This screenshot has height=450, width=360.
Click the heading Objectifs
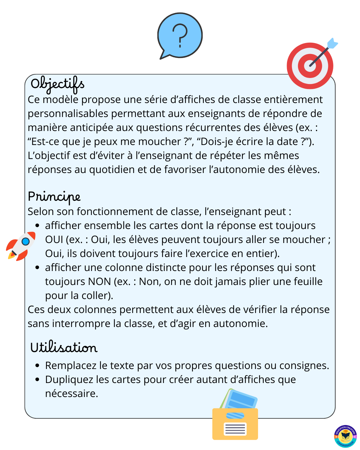point(57,84)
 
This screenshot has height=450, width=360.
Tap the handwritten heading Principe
point(54,197)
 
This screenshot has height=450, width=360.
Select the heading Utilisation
point(64,347)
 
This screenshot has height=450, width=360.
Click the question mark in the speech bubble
point(180,35)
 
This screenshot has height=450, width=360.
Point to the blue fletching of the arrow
point(333,44)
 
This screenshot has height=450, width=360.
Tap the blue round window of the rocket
point(26,241)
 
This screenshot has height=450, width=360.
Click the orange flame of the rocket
point(12,256)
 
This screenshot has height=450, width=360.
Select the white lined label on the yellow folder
point(235,429)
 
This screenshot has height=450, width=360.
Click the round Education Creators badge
point(345,436)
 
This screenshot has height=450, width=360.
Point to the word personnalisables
point(68,114)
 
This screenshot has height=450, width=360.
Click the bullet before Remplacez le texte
point(37,366)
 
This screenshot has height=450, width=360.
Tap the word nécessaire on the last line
point(71,394)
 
